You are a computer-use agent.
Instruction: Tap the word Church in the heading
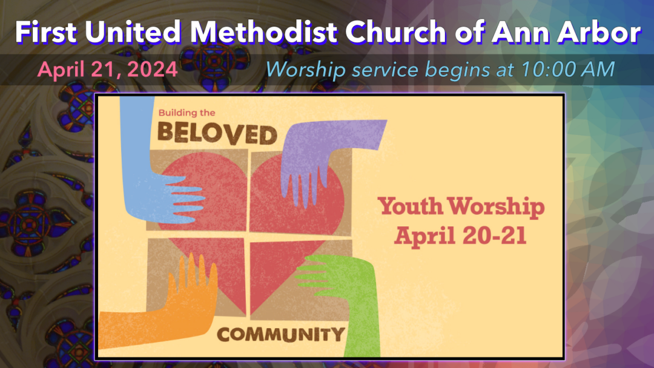pos(395,32)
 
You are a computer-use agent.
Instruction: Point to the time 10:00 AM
pos(568,69)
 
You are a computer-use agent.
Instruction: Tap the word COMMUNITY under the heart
pos(281,334)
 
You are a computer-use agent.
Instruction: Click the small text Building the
pos(187,113)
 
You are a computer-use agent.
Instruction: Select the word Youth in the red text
pos(410,206)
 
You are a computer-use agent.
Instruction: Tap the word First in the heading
pos(46,32)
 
